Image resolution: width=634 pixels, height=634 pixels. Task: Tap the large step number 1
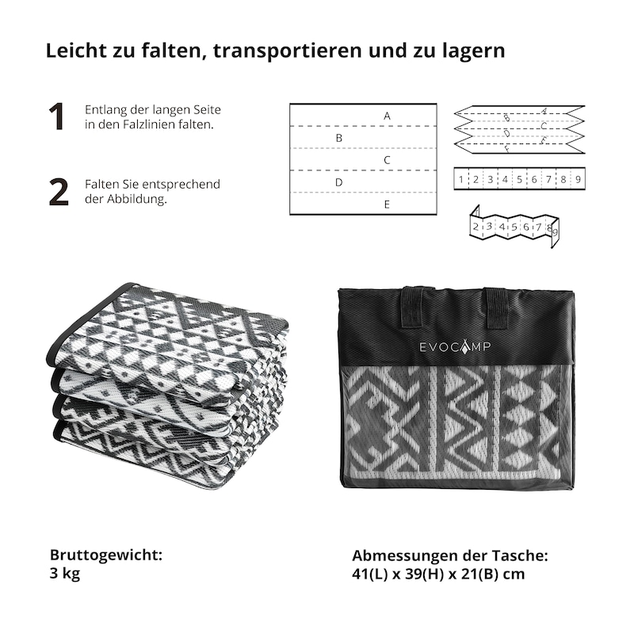point(57,116)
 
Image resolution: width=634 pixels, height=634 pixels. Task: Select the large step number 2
point(59,192)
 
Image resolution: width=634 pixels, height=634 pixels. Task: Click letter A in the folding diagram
point(387,116)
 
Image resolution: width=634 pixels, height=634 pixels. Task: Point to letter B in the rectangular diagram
point(339,138)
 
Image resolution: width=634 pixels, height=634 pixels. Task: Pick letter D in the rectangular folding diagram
point(339,182)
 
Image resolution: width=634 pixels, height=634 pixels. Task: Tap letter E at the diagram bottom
point(387,204)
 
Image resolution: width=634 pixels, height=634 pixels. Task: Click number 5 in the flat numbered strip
point(520,179)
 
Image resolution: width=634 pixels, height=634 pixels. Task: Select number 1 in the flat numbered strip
point(461,179)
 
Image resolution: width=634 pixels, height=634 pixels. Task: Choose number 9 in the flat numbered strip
point(578,179)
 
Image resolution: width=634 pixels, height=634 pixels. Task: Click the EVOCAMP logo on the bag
point(455,346)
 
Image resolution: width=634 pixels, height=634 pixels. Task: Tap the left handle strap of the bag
point(411,307)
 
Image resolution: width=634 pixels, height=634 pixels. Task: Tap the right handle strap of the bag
point(497,308)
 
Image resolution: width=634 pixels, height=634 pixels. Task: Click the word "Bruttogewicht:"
point(106,556)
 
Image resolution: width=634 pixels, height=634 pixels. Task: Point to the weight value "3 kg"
point(65,573)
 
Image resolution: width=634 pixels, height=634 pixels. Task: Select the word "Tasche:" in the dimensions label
point(520,556)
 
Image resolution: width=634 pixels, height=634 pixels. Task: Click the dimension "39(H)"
point(425,574)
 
